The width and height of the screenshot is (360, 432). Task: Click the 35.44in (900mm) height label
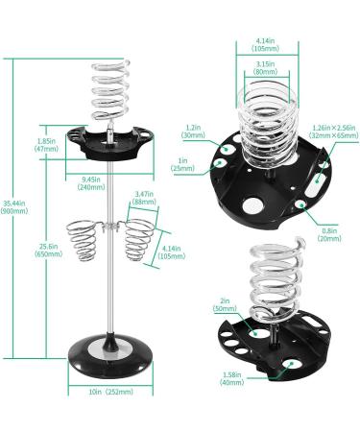click(x=14, y=207)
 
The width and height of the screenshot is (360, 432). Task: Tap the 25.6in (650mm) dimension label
click(x=48, y=251)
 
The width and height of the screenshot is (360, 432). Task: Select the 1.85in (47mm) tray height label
click(x=46, y=145)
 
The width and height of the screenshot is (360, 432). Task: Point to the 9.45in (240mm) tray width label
click(x=91, y=183)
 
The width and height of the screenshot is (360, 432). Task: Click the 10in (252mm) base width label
click(x=111, y=392)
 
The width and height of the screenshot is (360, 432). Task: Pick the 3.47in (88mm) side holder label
click(x=144, y=198)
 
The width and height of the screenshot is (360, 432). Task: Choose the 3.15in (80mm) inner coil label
click(x=266, y=68)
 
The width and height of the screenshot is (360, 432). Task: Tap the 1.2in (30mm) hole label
click(x=193, y=132)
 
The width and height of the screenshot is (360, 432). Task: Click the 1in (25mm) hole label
click(x=182, y=164)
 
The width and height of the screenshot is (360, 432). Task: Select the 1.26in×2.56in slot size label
click(x=334, y=132)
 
